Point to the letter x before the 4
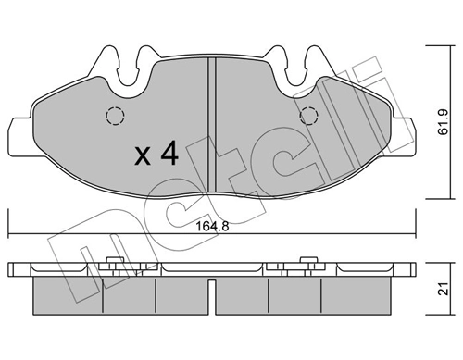pos(144,155)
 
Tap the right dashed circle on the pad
pos(310,116)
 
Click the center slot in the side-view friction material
pos(214,293)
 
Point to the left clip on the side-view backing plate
pos(116,265)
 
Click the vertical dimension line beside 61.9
pos(431,120)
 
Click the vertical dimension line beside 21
pos(431,289)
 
